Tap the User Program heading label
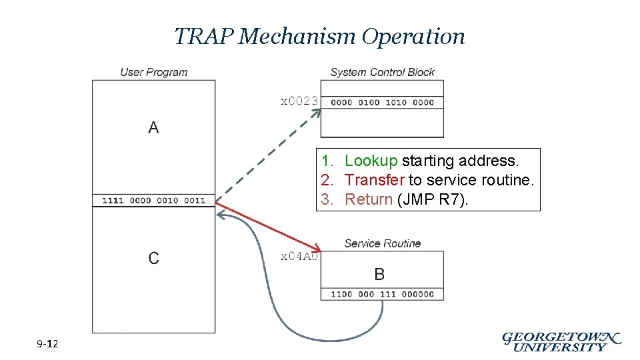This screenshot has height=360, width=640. point(154,72)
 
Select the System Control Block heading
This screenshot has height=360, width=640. point(382,72)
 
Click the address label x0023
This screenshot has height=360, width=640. point(299,101)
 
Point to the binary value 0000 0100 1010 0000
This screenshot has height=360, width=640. point(382,103)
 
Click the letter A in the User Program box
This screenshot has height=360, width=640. point(153,127)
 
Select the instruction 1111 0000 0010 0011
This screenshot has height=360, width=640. point(154,200)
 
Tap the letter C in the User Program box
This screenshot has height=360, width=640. point(153,258)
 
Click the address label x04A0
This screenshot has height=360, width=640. point(299,256)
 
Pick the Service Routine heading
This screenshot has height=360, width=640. point(382,243)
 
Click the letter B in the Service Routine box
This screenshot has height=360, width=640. point(379,274)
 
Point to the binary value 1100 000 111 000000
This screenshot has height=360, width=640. point(382,294)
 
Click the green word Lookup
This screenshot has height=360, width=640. point(371,161)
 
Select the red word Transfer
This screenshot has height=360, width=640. point(374,180)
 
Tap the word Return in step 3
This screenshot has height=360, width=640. point(369,199)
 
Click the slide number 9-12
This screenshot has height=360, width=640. point(47,344)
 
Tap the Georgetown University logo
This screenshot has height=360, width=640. point(561,341)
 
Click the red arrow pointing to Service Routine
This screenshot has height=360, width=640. point(267,225)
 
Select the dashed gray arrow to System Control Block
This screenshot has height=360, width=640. point(267,154)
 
